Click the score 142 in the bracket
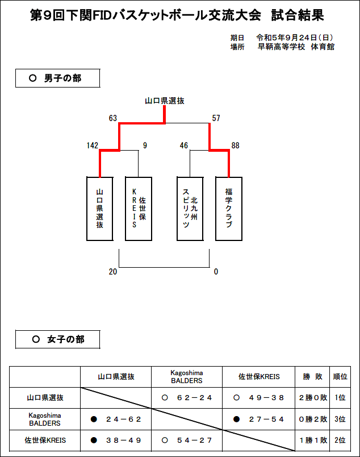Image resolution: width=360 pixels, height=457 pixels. [x=93, y=146]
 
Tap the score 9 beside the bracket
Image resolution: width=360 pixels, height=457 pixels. [x=145, y=146]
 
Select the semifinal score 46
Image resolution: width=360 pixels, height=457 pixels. [x=184, y=146]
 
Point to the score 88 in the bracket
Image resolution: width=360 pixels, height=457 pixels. [x=235, y=146]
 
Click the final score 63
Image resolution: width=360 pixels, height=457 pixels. [x=113, y=118]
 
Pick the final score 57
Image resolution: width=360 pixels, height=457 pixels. [x=216, y=118]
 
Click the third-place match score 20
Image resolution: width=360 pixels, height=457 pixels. [x=113, y=272]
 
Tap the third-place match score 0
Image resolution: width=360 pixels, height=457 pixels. [x=216, y=272]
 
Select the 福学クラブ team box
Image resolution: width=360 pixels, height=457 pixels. [x=229, y=209]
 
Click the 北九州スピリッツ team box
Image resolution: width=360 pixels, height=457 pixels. [x=190, y=209]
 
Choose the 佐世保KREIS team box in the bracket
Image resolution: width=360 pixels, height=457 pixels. [x=139, y=209]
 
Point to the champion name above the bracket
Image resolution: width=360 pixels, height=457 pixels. [x=165, y=101]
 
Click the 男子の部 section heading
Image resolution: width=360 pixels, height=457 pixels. [x=58, y=78]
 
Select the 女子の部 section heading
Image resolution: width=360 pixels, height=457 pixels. [x=58, y=339]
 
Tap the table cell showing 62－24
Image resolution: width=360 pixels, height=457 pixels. [x=187, y=398]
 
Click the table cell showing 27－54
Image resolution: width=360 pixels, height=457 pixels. [x=258, y=419]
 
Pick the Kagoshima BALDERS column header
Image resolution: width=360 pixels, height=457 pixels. [x=187, y=377]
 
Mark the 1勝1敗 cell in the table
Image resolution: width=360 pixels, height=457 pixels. [x=312, y=441]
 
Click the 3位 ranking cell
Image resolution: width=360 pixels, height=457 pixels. [x=340, y=419]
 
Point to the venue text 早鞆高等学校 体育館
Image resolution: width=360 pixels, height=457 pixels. [x=296, y=47]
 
